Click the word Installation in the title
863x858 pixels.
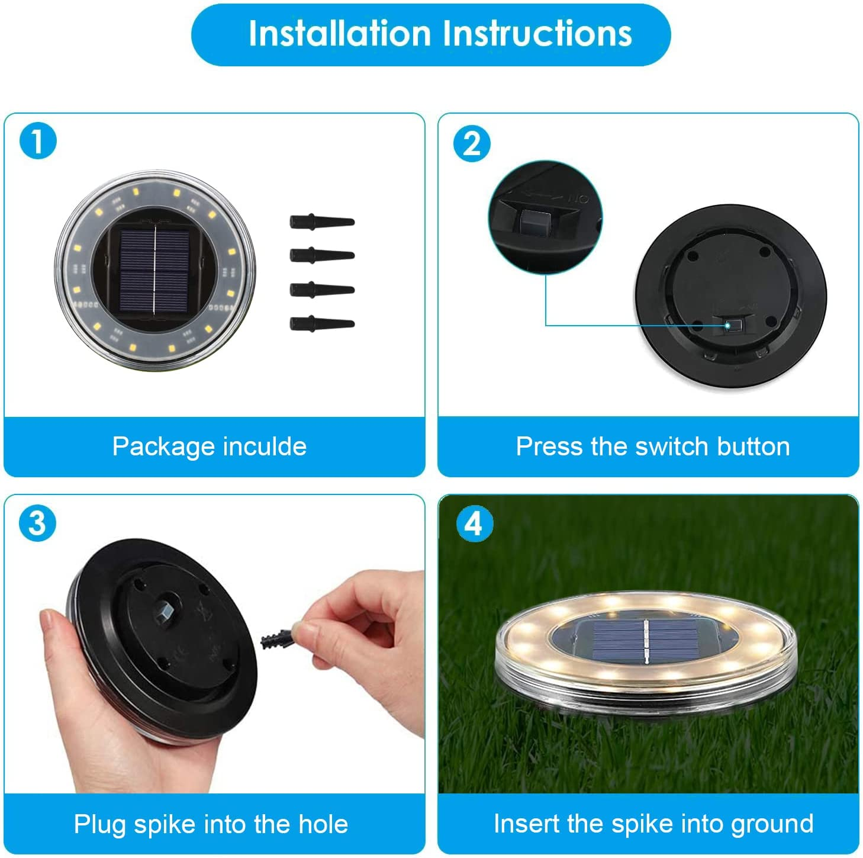[339, 33]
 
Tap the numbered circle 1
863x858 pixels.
[37, 142]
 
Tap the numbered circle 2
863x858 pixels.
[472, 144]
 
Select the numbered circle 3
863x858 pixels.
[37, 523]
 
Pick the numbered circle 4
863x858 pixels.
[474, 523]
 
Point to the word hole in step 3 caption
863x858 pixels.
[323, 824]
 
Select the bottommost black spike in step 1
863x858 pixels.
[321, 324]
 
